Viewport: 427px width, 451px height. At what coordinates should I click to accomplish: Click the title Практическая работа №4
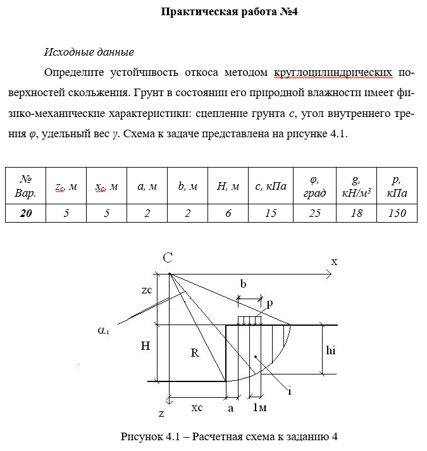[230, 11]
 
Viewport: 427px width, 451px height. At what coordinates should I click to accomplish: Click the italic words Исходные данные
[89, 52]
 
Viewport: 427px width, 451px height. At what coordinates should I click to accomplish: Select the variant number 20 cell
[26, 213]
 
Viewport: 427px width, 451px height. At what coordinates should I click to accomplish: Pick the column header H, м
[228, 186]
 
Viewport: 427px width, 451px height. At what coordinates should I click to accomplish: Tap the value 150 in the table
[397, 213]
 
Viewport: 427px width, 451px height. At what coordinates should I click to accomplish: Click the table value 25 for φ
[314, 213]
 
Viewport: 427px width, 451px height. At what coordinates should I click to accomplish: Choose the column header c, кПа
[271, 186]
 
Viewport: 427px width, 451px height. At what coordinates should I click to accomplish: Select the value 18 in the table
[356, 213]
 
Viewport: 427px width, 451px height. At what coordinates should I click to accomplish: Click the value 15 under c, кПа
[271, 213]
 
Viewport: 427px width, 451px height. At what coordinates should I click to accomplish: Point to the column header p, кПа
[397, 186]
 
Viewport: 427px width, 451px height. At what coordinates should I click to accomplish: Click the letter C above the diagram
[168, 257]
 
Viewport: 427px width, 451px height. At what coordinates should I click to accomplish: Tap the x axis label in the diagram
[334, 261]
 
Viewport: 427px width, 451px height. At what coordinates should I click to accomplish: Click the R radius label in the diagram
[195, 353]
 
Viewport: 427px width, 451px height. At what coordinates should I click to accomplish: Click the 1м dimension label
[259, 409]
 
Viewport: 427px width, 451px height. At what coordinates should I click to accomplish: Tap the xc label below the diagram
[197, 408]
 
